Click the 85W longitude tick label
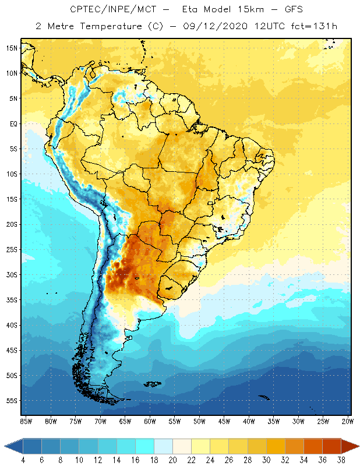26,421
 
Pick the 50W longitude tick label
199,421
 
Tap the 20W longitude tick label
348,421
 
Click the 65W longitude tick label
125,421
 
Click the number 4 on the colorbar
23,460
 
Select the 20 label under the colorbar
172,460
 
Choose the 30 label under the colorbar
266,460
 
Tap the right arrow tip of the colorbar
357,446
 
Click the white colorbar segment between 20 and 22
182,446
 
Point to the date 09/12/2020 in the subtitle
217,26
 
